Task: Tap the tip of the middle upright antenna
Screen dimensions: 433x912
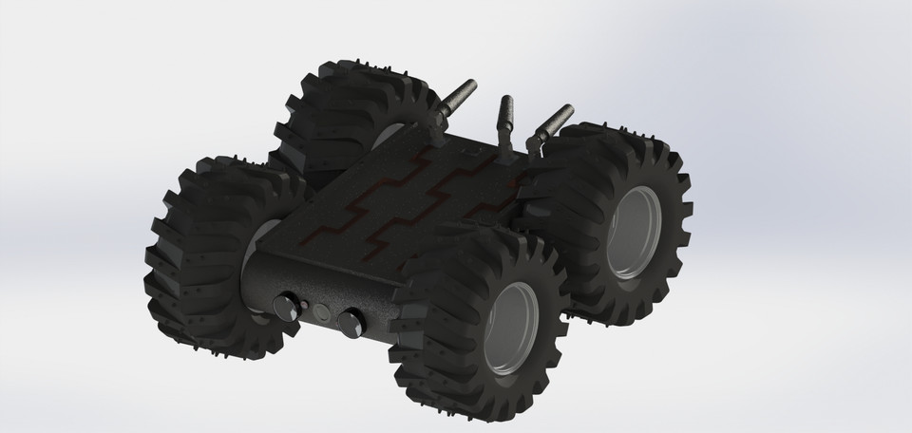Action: [x=506, y=98]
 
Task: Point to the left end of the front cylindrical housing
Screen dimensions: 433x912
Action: [x=252, y=285]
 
